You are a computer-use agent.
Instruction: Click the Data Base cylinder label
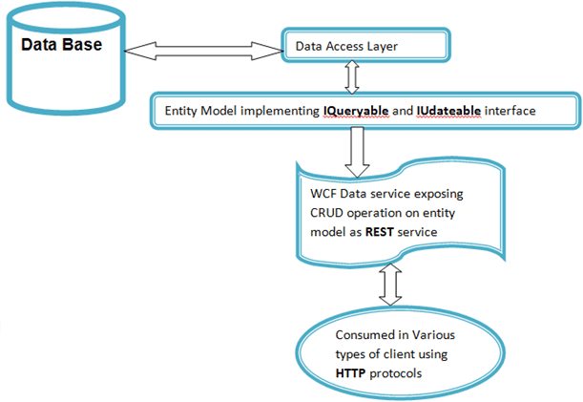pyautogui.click(x=63, y=45)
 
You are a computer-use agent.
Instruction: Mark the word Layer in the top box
pyautogui.click(x=404, y=45)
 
